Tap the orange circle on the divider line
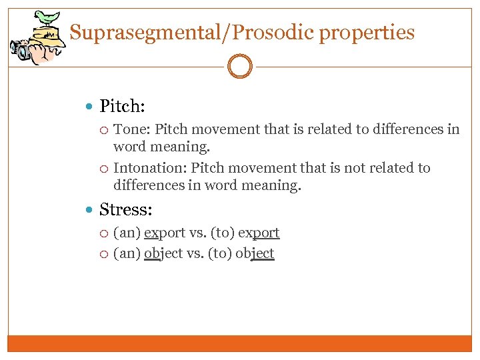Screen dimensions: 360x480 pos(240,67)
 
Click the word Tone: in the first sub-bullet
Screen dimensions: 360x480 pos(132,129)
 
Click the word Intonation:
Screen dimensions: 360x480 pos(150,168)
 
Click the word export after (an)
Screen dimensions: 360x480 pos(165,233)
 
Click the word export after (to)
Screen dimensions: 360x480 pos(258,233)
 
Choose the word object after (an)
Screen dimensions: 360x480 pos(163,254)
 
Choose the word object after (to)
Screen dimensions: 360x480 pos(255,254)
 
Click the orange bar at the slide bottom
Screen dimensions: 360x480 pos(240,343)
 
